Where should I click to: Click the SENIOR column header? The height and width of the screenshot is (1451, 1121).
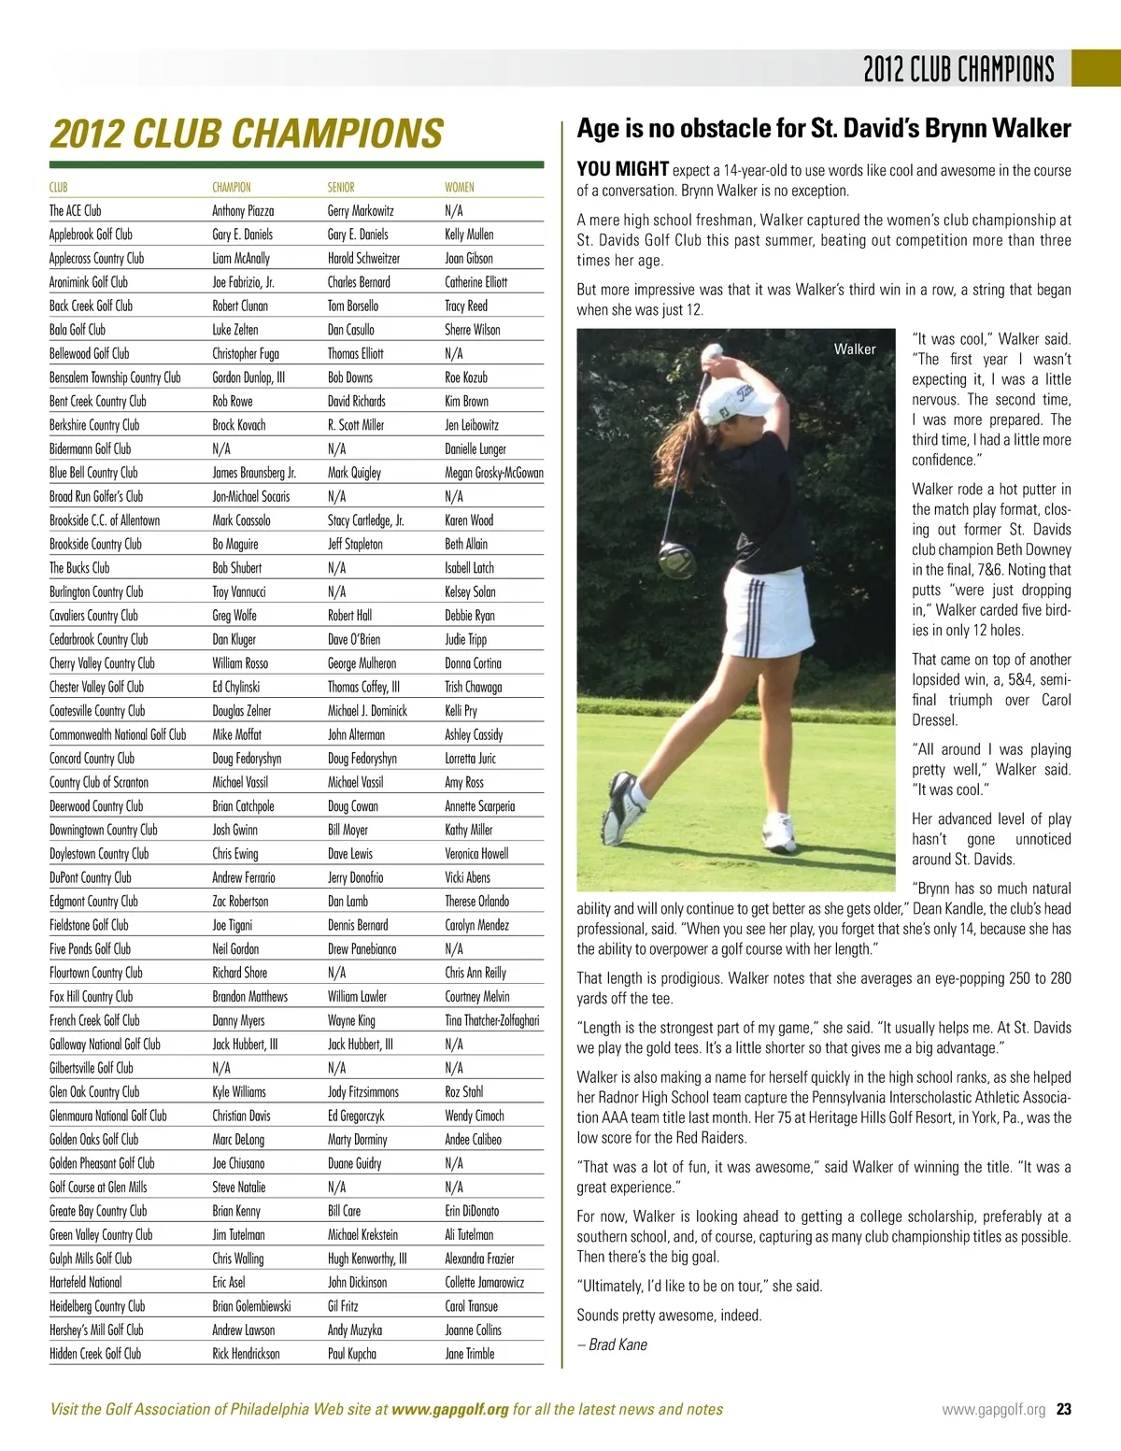341,187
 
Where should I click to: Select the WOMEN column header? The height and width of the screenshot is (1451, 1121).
459,187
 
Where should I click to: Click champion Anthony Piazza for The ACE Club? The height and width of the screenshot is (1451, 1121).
243,211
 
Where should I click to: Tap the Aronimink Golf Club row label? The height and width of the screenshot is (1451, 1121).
89,282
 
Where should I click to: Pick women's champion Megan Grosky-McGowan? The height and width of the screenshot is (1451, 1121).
493,473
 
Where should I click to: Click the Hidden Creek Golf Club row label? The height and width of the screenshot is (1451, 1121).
95,1354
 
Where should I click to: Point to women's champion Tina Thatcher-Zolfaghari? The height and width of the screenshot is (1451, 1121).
491,1020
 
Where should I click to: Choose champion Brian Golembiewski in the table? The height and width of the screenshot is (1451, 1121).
251,1306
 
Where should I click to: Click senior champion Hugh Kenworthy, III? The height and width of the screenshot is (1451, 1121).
367,1259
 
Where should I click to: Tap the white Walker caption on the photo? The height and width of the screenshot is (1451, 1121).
855,349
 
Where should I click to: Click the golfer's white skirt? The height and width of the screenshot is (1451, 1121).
774,616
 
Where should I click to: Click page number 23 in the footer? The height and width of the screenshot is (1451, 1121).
1063,1410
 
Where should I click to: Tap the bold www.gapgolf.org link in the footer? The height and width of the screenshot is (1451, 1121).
450,1410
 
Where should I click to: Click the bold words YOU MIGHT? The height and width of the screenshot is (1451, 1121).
622,169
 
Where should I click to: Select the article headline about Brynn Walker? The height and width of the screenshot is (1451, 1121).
824,128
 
